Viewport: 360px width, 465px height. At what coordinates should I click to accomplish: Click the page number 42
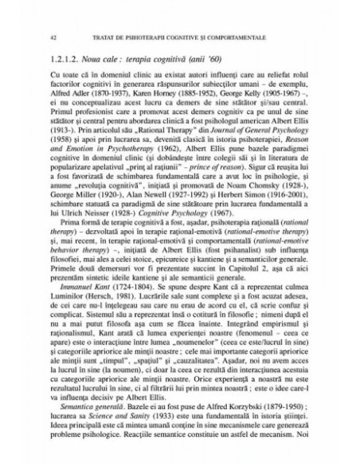pyautogui.click(x=52, y=37)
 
